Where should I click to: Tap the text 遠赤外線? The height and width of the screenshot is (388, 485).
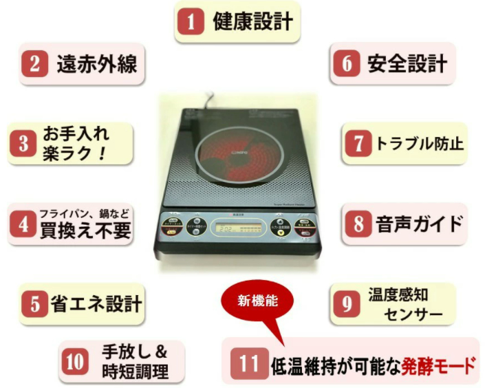96,63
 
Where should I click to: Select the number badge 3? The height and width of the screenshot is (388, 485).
25,143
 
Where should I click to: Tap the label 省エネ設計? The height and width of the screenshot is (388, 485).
96,303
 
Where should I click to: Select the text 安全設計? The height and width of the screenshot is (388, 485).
407,64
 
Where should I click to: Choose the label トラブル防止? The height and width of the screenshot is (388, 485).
419,143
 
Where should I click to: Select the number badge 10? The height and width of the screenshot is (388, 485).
76,362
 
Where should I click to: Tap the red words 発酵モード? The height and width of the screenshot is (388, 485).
439,365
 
